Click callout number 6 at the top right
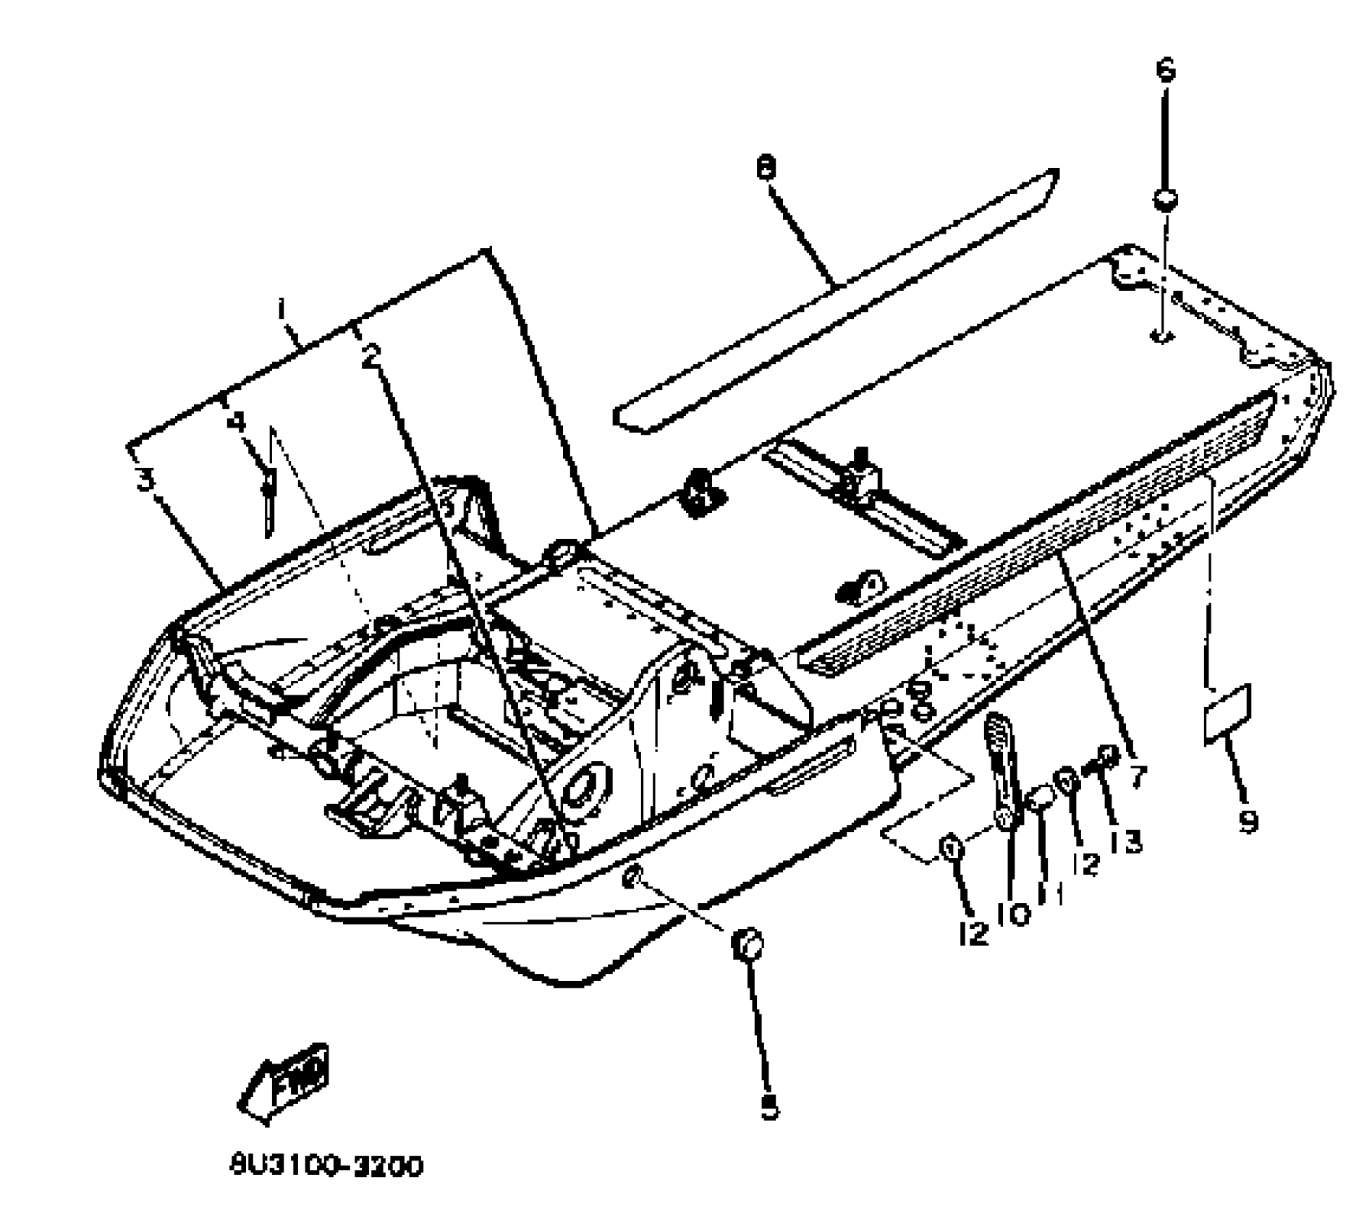(x=1165, y=70)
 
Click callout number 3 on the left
(x=147, y=479)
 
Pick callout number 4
(x=236, y=422)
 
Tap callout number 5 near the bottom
(x=769, y=1106)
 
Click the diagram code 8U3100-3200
(x=326, y=1167)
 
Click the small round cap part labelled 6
(x=1164, y=200)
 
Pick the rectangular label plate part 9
(x=1227, y=714)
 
